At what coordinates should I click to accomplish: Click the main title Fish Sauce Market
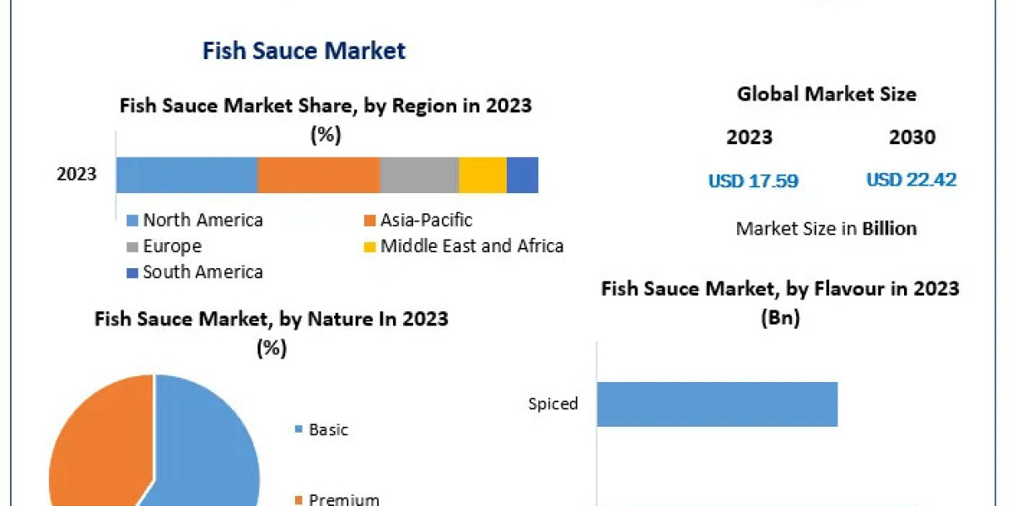pos(304,51)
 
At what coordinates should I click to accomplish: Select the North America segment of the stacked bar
pos(186,175)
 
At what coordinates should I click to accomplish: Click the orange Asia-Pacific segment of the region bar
pos(318,175)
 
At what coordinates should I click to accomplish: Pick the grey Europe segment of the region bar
pos(419,175)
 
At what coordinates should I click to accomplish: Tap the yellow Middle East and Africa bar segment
pos(482,175)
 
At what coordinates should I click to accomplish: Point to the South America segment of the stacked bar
pos(522,175)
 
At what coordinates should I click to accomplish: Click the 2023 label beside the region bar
pos(77,175)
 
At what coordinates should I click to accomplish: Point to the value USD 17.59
pos(753,180)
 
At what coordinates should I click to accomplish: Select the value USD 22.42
pos(912,180)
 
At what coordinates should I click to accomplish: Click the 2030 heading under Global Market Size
pos(912,137)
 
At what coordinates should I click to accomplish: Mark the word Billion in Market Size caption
pos(889,229)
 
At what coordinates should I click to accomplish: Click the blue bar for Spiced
pos(717,404)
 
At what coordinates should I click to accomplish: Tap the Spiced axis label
pos(553,404)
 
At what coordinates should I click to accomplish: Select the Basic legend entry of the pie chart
pos(328,430)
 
